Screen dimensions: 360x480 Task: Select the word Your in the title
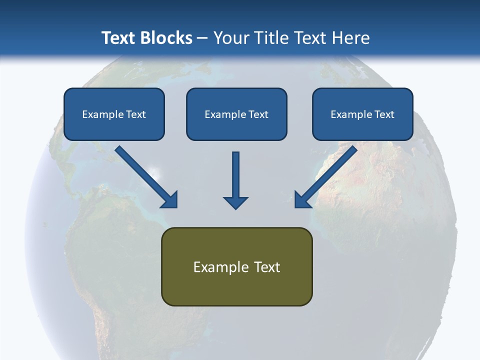pos(231,38)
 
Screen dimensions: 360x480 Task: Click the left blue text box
pos(114,114)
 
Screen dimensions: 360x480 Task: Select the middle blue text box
pos(236,114)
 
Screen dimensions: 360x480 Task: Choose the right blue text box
pos(362,114)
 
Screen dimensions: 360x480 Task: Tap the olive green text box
pos(236,266)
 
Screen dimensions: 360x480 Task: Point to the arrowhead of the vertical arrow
pos(235,203)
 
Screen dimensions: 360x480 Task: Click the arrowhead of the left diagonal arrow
pos(170,200)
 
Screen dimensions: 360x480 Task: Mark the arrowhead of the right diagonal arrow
pos(302,200)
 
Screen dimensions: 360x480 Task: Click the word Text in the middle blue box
pos(258,114)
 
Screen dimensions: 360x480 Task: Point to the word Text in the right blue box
pos(384,114)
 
